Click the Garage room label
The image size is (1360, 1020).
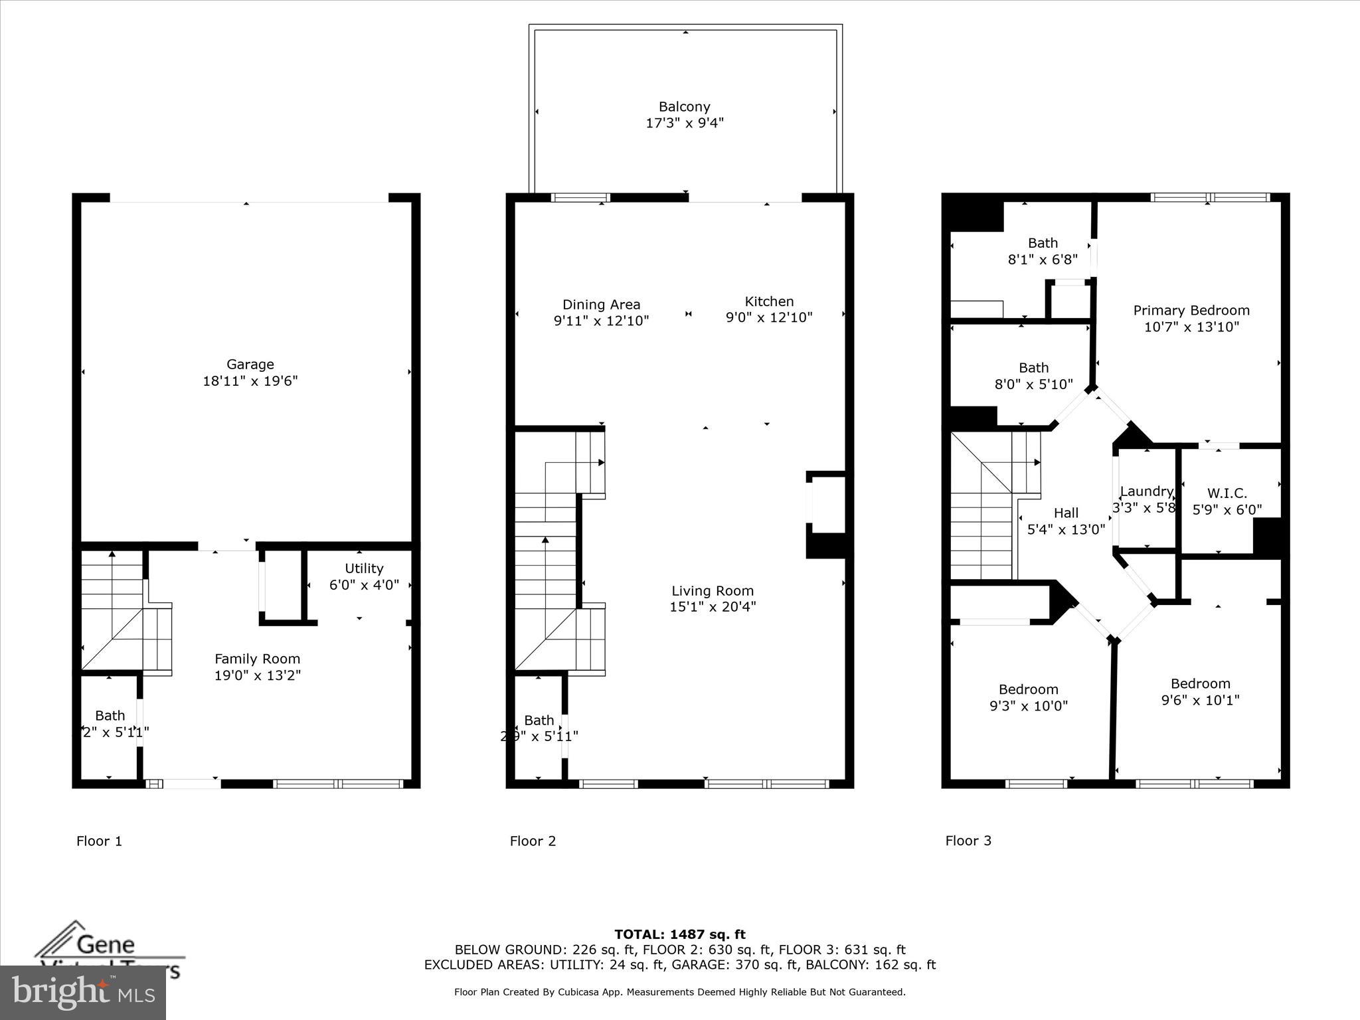250,365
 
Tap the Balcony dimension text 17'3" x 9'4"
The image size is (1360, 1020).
684,123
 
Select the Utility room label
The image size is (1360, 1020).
364,568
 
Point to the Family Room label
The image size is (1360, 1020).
257,659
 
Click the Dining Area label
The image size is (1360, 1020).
601,305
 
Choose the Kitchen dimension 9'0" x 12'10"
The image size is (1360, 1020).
768,317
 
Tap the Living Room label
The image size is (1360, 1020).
712,591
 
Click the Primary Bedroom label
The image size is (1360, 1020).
1191,311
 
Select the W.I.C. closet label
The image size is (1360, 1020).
1227,493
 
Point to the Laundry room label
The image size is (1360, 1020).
1146,491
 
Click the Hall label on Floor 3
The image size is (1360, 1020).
1066,513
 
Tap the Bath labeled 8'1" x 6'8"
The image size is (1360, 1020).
1043,243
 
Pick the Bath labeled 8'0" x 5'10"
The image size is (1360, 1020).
1033,368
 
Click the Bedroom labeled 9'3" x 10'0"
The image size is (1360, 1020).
1028,689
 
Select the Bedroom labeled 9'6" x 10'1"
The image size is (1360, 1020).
1200,684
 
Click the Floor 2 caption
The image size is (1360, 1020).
533,841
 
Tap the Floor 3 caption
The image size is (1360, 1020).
968,841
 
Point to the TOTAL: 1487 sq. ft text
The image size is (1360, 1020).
679,935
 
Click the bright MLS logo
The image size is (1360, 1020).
83,993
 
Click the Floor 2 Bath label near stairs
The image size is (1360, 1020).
539,721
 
